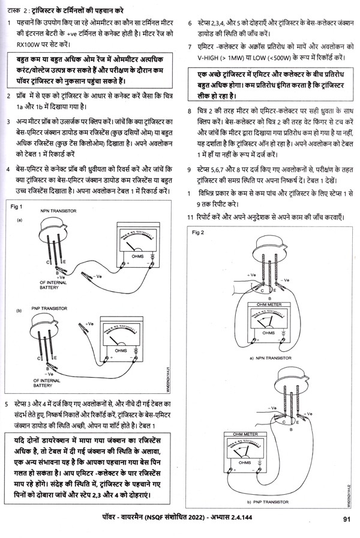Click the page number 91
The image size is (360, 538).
pos(346,521)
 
